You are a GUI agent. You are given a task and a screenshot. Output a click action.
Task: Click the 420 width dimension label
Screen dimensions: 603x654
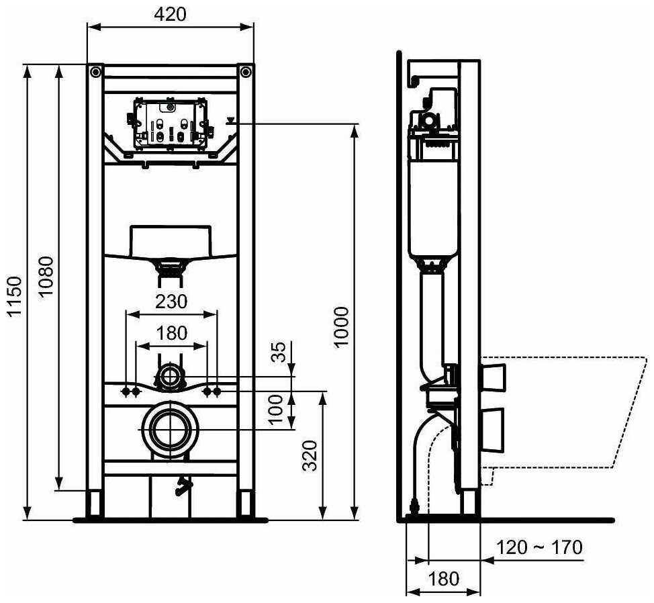tap(170, 13)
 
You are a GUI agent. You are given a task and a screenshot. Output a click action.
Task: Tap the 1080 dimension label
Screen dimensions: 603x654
tap(46, 277)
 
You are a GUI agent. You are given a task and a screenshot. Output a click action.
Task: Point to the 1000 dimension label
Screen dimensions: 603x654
tap(342, 327)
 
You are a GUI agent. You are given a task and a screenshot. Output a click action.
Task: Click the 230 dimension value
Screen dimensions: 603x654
tap(172, 301)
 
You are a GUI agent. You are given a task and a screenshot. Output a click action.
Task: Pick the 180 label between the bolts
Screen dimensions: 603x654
tap(172, 333)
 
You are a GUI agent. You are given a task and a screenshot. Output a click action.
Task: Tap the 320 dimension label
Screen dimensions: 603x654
tap(310, 455)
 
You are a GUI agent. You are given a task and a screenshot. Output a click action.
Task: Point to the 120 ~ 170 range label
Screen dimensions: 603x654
tap(539, 547)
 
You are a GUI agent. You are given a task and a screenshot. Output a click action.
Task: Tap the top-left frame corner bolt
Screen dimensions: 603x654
tap(95, 71)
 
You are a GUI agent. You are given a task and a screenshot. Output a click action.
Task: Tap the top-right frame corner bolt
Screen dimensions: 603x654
tap(246, 71)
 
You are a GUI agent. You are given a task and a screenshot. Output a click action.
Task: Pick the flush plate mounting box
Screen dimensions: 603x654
tap(170, 125)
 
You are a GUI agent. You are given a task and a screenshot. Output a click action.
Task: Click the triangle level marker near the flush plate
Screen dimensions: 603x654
tap(231, 122)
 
